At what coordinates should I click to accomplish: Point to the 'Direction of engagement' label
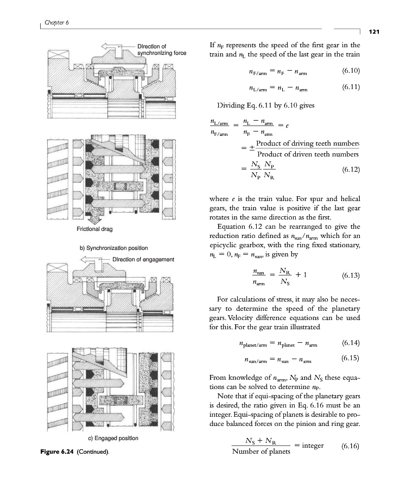[x=143, y=259]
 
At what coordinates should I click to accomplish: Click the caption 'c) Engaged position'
[x=105, y=438]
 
